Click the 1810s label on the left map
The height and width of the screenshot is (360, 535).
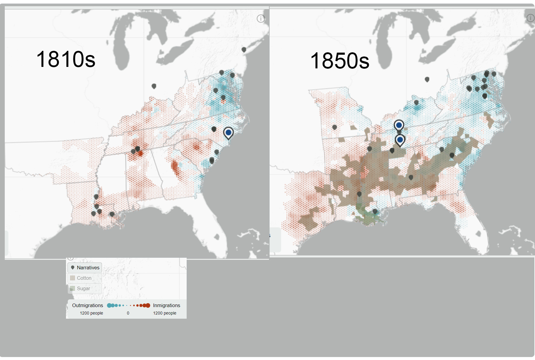coord(66,59)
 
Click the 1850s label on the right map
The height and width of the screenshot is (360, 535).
coord(340,61)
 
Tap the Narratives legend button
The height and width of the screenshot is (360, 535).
coord(85,268)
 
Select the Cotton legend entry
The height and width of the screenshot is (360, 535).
coord(84,278)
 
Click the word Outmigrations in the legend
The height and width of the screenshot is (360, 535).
coord(87,305)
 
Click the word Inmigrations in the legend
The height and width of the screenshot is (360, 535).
coord(166,305)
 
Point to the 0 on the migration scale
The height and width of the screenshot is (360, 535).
coord(128,313)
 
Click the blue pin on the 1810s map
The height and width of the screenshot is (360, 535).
coord(228,132)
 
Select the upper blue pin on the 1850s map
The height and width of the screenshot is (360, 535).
coord(399,125)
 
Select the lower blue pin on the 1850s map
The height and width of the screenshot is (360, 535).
coord(400,139)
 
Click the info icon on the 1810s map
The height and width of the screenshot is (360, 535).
coord(261,19)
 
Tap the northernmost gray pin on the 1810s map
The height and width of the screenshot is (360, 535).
coord(244,49)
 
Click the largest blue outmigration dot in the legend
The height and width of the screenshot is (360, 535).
coord(109,305)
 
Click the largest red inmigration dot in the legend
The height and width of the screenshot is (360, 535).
coord(148,305)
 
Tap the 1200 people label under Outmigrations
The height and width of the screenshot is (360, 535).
coord(91,313)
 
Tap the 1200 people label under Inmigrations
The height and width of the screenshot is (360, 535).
coord(165,313)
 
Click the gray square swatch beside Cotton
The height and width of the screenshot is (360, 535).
coord(73,278)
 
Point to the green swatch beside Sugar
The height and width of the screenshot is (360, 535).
coord(73,288)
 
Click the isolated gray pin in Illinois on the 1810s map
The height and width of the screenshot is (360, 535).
coord(154,86)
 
